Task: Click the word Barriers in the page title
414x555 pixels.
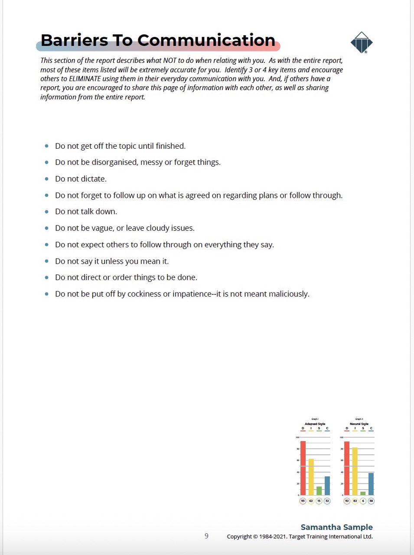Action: click(x=74, y=40)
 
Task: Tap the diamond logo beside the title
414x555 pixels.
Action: click(x=361, y=42)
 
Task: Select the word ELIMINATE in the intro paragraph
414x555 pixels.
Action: click(x=85, y=78)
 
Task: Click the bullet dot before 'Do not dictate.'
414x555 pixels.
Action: click(x=47, y=179)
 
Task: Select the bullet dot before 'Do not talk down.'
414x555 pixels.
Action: click(x=47, y=212)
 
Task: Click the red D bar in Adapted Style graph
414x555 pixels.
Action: click(x=303, y=468)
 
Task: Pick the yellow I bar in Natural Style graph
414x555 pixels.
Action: click(x=355, y=471)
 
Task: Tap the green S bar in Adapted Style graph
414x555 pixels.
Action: click(x=319, y=491)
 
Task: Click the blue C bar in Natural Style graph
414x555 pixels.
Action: click(x=371, y=484)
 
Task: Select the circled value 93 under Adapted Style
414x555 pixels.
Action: click(x=303, y=501)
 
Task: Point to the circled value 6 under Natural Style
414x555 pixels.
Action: click(x=363, y=501)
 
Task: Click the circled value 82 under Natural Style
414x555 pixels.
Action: click(x=355, y=501)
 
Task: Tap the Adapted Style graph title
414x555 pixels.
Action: click(x=315, y=424)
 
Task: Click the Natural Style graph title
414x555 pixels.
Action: click(x=359, y=424)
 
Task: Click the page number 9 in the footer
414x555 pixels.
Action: click(x=206, y=536)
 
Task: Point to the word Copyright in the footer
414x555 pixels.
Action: click(x=240, y=537)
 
